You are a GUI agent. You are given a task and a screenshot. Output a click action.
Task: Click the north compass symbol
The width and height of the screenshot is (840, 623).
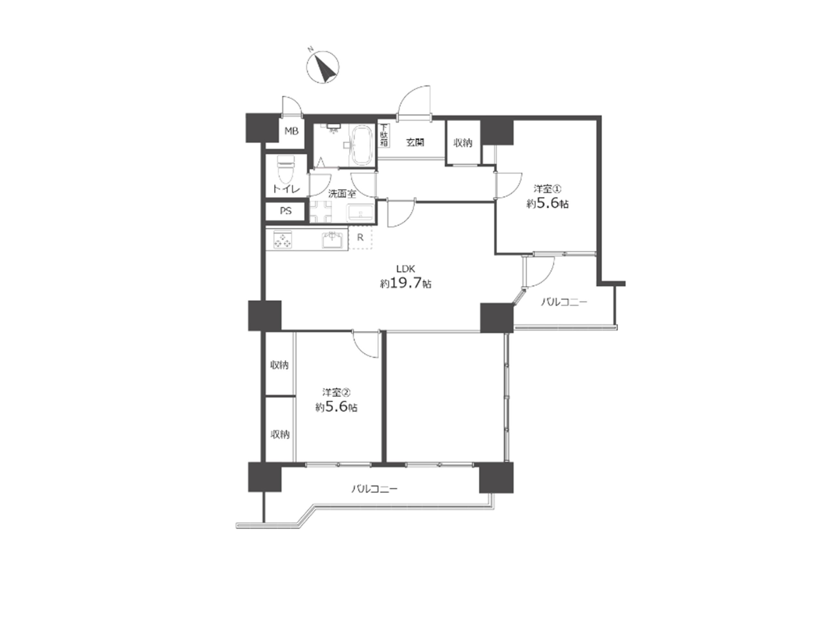pyautogui.click(x=323, y=67)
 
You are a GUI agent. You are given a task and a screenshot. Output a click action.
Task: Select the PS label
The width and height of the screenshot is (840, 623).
pyautogui.click(x=286, y=211)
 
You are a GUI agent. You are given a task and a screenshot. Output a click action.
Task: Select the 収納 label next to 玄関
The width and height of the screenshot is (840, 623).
pyautogui.click(x=463, y=143)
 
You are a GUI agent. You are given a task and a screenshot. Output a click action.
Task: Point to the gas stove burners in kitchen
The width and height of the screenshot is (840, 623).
pyautogui.click(x=283, y=240)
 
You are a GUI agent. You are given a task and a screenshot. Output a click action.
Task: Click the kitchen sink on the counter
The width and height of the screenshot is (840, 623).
pyautogui.click(x=332, y=240)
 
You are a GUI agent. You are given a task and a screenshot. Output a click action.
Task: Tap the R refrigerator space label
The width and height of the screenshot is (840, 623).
pyautogui.click(x=360, y=238)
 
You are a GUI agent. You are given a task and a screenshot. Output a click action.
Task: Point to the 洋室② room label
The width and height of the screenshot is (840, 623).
pyautogui.click(x=336, y=393)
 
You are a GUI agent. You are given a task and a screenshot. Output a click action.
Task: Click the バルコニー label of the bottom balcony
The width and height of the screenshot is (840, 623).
pyautogui.click(x=374, y=489)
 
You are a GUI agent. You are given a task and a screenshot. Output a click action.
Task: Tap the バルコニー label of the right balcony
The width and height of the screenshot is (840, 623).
pyautogui.click(x=564, y=302)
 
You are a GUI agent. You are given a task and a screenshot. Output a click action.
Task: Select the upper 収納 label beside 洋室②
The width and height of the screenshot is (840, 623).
pyautogui.click(x=279, y=365)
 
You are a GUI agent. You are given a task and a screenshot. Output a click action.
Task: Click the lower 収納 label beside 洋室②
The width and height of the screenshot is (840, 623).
pyautogui.click(x=279, y=434)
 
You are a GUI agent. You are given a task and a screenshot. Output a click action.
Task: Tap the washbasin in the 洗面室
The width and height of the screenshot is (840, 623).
pyautogui.click(x=360, y=214)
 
